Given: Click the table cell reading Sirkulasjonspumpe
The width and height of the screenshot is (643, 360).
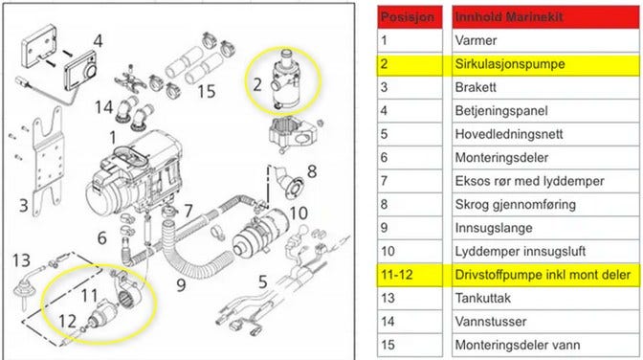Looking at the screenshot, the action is tap(545, 64).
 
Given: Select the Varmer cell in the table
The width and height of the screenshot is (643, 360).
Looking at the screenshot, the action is tap(545, 40).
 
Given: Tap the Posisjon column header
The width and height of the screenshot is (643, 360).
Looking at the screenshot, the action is tap(410, 17).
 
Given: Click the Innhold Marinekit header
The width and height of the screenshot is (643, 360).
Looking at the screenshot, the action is tap(545, 17).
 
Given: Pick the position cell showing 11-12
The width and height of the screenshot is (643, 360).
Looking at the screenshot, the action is tap(410, 275).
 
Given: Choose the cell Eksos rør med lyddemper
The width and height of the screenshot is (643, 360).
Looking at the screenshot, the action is tap(545, 182).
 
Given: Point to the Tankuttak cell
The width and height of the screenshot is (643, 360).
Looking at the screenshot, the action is tap(545, 299).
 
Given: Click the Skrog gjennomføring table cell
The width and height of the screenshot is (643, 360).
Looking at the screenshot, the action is tap(545, 205).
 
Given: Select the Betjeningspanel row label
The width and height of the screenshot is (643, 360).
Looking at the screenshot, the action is tap(545, 111).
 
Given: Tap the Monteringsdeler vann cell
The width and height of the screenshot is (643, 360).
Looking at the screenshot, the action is tap(545, 346).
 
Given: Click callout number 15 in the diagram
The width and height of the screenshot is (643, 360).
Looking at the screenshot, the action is tap(207, 92).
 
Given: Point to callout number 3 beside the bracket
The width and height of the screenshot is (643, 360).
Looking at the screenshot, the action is tap(24, 205).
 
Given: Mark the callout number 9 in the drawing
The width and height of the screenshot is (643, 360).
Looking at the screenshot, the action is tap(181, 285).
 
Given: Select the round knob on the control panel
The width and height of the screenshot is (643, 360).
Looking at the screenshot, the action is tap(90, 72).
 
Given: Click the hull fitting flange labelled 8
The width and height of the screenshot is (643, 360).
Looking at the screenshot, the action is tap(295, 189).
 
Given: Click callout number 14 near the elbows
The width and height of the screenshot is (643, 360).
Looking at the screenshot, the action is tap(103, 107).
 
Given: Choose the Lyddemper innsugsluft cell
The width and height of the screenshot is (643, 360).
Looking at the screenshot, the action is tap(545, 252).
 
